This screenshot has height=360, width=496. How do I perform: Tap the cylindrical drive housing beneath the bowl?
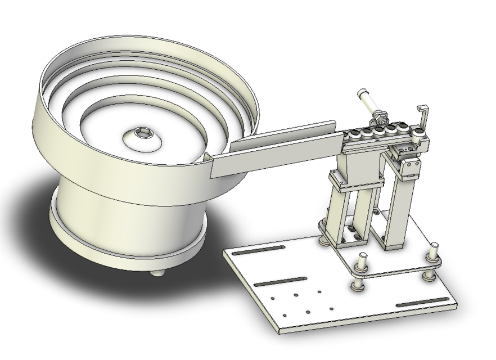coord(112,214)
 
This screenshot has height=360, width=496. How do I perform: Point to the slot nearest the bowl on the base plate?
coord(253,251)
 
